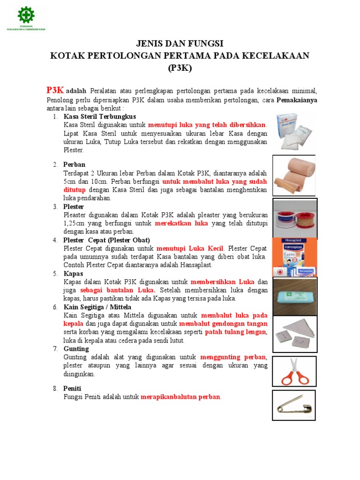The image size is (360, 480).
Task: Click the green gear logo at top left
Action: coord(26,15)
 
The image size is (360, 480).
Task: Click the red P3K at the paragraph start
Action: coord(55,90)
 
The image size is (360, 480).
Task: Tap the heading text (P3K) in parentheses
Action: coord(180,67)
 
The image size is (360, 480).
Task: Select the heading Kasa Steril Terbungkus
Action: coord(100,116)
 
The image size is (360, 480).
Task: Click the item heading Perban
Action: coord(75,165)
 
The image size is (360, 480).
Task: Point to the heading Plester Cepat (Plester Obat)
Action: coord(106,240)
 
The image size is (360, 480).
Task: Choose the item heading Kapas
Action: coord(73,273)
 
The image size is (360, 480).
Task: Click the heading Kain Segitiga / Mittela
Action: coord(97,307)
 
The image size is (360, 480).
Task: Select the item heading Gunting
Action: coord(76,349)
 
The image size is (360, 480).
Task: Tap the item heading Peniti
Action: coord(73,389)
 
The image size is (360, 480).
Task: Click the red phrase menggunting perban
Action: coord(233,357)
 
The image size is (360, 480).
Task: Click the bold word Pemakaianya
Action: coord(297,100)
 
